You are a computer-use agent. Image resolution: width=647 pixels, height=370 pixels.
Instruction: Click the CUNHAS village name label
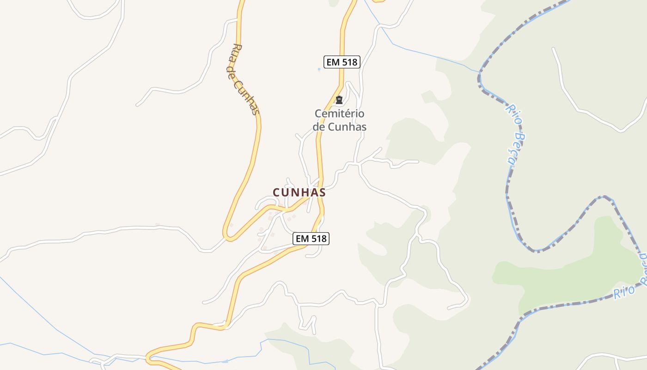click(x=299, y=192)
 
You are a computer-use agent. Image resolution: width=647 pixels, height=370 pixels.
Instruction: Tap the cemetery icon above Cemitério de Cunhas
click(x=339, y=100)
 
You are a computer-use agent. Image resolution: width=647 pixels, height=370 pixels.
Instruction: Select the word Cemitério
click(x=340, y=114)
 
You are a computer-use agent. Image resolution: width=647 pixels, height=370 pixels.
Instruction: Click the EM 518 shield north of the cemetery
click(x=342, y=62)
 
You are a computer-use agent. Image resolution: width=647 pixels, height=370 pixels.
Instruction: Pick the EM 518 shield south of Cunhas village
click(x=311, y=239)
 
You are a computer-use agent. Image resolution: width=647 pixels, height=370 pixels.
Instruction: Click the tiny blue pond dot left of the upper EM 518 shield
click(x=318, y=69)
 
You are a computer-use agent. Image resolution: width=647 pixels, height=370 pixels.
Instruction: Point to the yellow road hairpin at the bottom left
click(x=148, y=358)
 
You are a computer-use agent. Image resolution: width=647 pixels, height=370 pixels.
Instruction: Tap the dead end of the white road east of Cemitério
click(x=417, y=161)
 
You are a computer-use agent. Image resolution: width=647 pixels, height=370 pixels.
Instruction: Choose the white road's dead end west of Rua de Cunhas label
click(x=137, y=105)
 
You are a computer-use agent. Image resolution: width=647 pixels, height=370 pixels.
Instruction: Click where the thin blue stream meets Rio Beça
click(x=480, y=73)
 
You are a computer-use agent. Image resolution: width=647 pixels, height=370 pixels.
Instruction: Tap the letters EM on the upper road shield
click(x=333, y=62)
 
